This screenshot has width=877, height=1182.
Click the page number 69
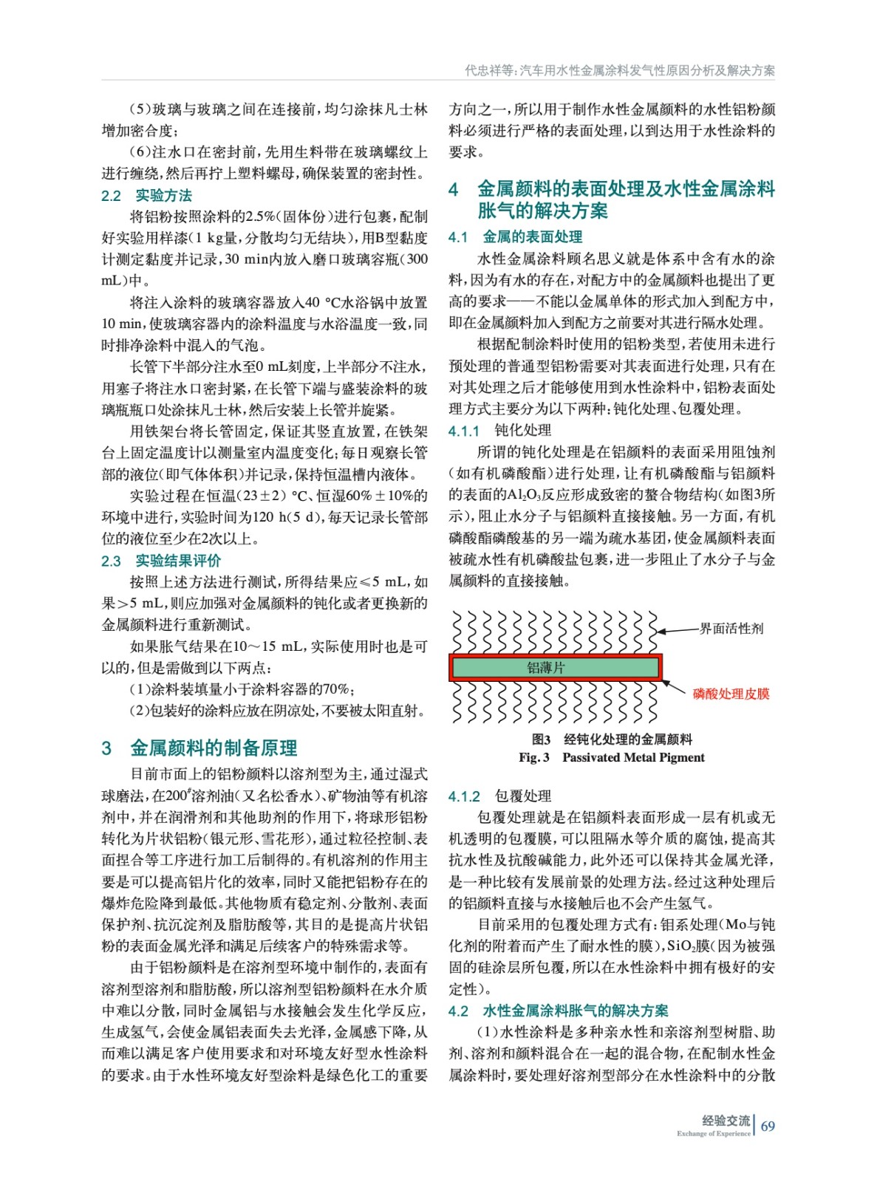[768, 1126]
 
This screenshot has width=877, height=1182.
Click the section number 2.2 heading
[111, 196]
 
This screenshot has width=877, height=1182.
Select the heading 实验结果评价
[177, 561]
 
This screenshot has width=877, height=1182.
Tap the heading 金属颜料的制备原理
[214, 748]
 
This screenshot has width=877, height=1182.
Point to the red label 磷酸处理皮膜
[731, 694]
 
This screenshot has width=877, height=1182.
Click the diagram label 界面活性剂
[731, 629]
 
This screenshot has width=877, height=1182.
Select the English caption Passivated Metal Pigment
[633, 757]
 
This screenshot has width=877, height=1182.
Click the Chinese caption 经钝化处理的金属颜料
[628, 739]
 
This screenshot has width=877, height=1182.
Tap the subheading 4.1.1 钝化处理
[499, 431]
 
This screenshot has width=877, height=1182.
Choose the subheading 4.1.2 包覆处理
[499, 796]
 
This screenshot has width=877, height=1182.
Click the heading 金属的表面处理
[532, 237]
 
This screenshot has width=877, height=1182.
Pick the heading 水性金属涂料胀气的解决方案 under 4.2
[575, 1011]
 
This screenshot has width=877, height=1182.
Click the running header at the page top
[619, 71]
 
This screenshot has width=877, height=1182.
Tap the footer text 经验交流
[725, 1121]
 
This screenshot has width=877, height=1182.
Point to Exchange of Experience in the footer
[713, 1134]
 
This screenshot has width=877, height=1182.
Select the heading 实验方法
[163, 196]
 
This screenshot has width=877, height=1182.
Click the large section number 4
[454, 190]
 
